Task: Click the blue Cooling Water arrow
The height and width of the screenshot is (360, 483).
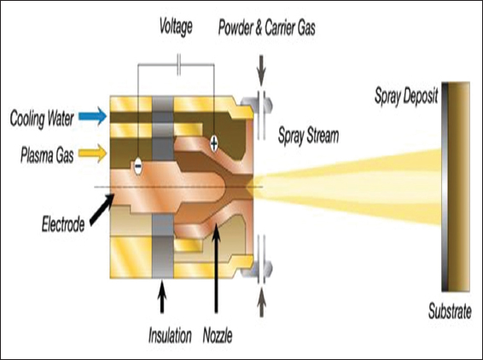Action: pyautogui.click(x=93, y=116)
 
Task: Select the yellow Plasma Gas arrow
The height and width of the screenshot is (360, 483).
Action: pyautogui.click(x=93, y=153)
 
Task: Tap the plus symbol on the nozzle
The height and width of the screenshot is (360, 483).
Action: pyautogui.click(x=214, y=143)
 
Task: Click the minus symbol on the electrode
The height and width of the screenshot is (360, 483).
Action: pyautogui.click(x=138, y=166)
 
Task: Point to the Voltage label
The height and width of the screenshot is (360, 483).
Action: pyautogui.click(x=176, y=26)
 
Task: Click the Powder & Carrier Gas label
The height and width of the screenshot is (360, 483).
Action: pyautogui.click(x=267, y=27)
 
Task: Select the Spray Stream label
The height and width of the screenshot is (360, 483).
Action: pyautogui.click(x=308, y=136)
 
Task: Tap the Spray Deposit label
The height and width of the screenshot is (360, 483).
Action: pyautogui.click(x=406, y=96)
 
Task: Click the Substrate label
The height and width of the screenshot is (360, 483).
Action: pyautogui.click(x=450, y=311)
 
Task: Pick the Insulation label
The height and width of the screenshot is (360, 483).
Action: pyautogui.click(x=170, y=335)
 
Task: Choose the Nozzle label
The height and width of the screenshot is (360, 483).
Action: pyautogui.click(x=218, y=335)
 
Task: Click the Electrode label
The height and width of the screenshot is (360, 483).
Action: pyautogui.click(x=63, y=224)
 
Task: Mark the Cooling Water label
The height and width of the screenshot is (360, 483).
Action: pyautogui.click(x=42, y=119)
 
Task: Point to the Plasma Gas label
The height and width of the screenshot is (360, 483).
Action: pyautogui.click(x=47, y=155)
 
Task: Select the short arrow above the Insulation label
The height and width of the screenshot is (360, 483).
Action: pyautogui.click(x=162, y=297)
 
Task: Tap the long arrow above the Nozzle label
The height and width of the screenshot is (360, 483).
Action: pyautogui.click(x=216, y=268)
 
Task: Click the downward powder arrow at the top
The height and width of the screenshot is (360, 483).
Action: pyautogui.click(x=261, y=71)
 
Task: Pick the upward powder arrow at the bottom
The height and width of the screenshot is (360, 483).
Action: pyautogui.click(x=261, y=302)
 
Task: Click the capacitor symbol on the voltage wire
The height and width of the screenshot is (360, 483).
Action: pyautogui.click(x=179, y=65)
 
